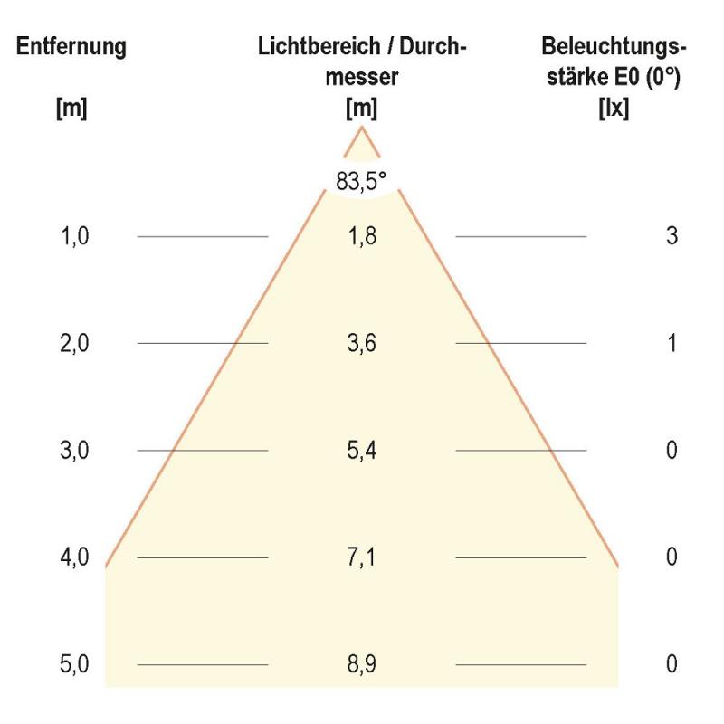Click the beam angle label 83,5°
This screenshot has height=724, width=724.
pyautogui.click(x=361, y=181)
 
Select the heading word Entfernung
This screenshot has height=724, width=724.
pyautogui.click(x=71, y=47)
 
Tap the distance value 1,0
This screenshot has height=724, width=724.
pyautogui.click(x=74, y=236)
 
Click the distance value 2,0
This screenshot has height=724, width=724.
pyautogui.click(x=74, y=343)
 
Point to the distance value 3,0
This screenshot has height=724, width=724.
pyautogui.click(x=74, y=450)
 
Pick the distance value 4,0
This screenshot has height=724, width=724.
pyautogui.click(x=74, y=557)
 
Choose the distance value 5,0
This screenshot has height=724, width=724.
pyautogui.click(x=74, y=664)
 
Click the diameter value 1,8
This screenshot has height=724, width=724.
pyautogui.click(x=362, y=236)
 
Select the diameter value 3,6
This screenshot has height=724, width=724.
pyautogui.click(x=362, y=343)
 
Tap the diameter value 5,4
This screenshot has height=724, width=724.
pyautogui.click(x=362, y=450)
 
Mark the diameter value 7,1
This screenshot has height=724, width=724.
pyautogui.click(x=362, y=557)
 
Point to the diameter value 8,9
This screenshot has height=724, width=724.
pyautogui.click(x=362, y=664)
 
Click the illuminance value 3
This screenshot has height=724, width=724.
pyautogui.click(x=671, y=236)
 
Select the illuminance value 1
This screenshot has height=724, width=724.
pyautogui.click(x=671, y=343)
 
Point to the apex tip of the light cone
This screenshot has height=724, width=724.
pyautogui.click(x=362, y=127)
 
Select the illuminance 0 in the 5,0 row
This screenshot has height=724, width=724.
pyautogui.click(x=671, y=664)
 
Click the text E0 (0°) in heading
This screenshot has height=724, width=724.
pyautogui.click(x=646, y=78)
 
